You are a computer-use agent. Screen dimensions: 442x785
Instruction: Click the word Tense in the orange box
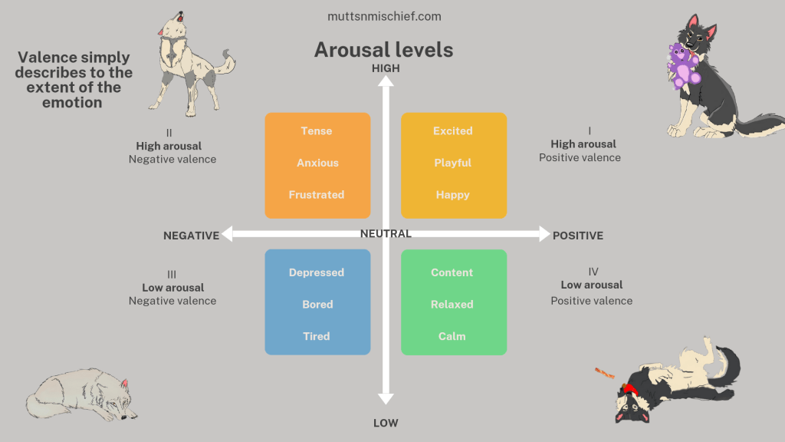tap(317, 131)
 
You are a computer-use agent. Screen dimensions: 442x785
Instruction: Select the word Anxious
tap(317, 163)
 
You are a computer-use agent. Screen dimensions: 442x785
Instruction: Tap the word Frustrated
tap(317, 195)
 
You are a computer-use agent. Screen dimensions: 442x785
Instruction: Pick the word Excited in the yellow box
tap(453, 131)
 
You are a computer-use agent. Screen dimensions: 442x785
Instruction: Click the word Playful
tap(453, 163)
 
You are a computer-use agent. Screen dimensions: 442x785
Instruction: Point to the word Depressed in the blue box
tap(317, 272)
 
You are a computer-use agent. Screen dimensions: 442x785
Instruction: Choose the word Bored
tap(317, 305)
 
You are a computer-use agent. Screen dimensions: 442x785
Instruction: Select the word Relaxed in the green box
tap(452, 305)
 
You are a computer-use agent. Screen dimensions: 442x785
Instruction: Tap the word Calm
tap(452, 336)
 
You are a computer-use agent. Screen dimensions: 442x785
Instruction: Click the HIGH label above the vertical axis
tap(386, 68)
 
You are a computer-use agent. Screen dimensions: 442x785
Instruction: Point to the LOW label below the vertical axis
tap(386, 423)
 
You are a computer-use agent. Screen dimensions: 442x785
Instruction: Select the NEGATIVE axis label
tap(192, 236)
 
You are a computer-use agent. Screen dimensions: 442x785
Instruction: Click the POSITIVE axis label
tap(578, 236)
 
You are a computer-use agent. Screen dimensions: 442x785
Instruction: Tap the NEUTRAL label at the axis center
tap(386, 233)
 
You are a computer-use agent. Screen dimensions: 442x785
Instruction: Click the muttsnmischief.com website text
tap(384, 16)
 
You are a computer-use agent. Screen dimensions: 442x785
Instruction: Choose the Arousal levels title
tap(384, 50)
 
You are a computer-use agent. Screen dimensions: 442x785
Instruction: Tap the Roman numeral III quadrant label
tap(172, 274)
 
